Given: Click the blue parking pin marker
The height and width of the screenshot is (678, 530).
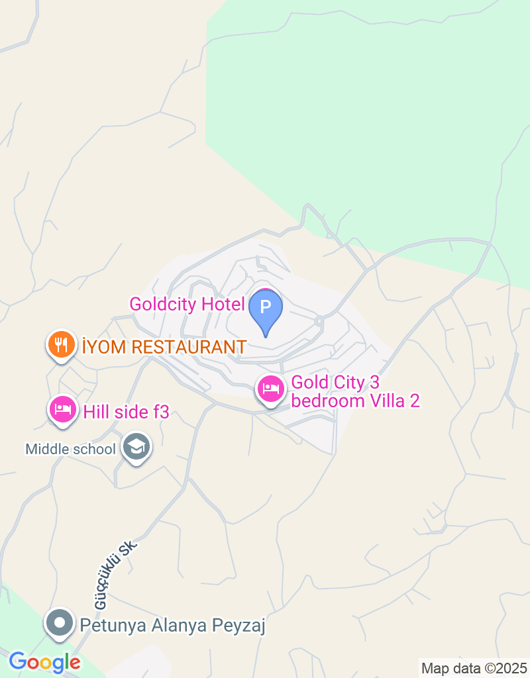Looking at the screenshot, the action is (x=266, y=310).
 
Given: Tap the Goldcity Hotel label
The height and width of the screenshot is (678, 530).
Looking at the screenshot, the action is (x=187, y=305).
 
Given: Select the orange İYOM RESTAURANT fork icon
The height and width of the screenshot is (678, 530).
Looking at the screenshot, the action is (x=61, y=344).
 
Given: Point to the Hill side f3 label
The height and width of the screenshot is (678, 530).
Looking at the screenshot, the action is (x=127, y=412).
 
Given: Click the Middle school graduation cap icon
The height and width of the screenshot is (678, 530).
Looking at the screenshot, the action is (x=137, y=447).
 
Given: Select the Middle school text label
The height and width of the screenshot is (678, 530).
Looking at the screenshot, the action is (x=70, y=449).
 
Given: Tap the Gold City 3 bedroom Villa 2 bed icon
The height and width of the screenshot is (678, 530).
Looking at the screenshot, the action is (x=270, y=389).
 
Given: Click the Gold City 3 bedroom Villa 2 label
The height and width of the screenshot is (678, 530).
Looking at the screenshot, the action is (x=356, y=391).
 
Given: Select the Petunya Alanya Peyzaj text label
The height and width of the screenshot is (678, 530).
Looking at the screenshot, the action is (x=172, y=625).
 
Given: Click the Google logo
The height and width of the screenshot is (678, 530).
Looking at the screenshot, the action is (x=44, y=661).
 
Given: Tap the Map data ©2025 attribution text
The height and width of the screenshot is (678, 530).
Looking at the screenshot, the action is (x=474, y=668).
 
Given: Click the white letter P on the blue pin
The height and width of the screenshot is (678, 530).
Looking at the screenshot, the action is (x=266, y=307).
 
